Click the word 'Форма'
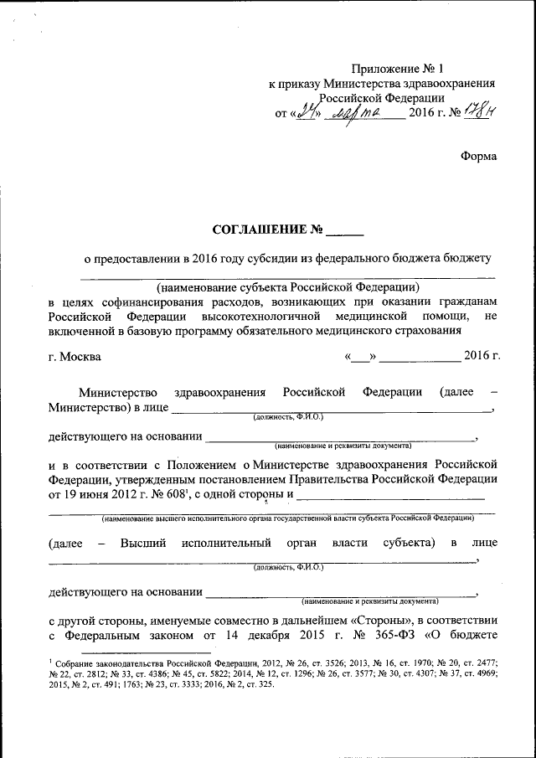(478, 156)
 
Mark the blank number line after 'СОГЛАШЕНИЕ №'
(345, 231)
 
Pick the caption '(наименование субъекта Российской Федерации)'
(287, 287)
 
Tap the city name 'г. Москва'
(75, 357)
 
